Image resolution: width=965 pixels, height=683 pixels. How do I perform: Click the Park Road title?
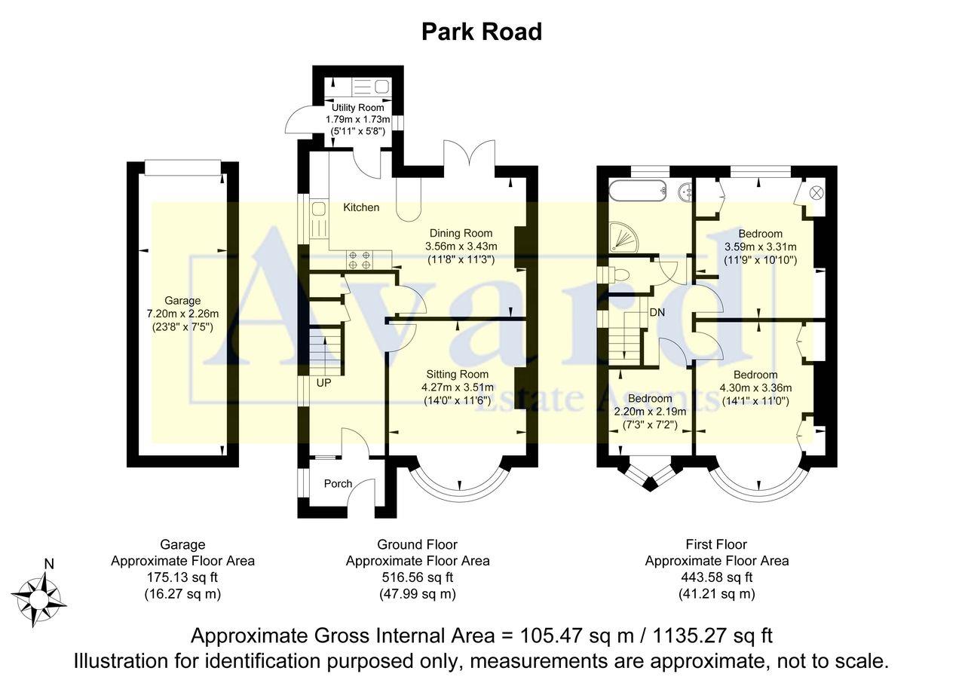(481, 32)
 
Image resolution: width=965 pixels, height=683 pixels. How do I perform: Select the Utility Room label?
(358, 108)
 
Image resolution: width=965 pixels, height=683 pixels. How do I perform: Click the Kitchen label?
(361, 207)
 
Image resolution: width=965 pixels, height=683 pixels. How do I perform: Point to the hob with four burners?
(360, 259)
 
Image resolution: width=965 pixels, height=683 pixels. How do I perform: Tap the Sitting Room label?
(457, 374)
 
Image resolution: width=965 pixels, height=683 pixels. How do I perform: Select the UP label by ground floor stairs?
(323, 382)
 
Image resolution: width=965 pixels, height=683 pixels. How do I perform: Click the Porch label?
(338, 483)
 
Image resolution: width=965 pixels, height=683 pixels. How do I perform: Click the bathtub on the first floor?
(636, 190)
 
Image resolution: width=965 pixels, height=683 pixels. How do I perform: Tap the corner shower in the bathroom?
(623, 235)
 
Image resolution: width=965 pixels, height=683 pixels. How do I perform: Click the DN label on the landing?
(657, 311)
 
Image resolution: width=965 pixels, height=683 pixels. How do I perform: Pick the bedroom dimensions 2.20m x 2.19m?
(650, 412)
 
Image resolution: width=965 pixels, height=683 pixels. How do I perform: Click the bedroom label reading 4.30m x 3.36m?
(755, 388)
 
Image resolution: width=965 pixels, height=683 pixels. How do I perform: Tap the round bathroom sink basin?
(687, 191)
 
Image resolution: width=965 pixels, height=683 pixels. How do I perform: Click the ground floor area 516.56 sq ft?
(417, 577)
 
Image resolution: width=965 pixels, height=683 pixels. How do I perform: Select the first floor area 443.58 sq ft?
(716, 577)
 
